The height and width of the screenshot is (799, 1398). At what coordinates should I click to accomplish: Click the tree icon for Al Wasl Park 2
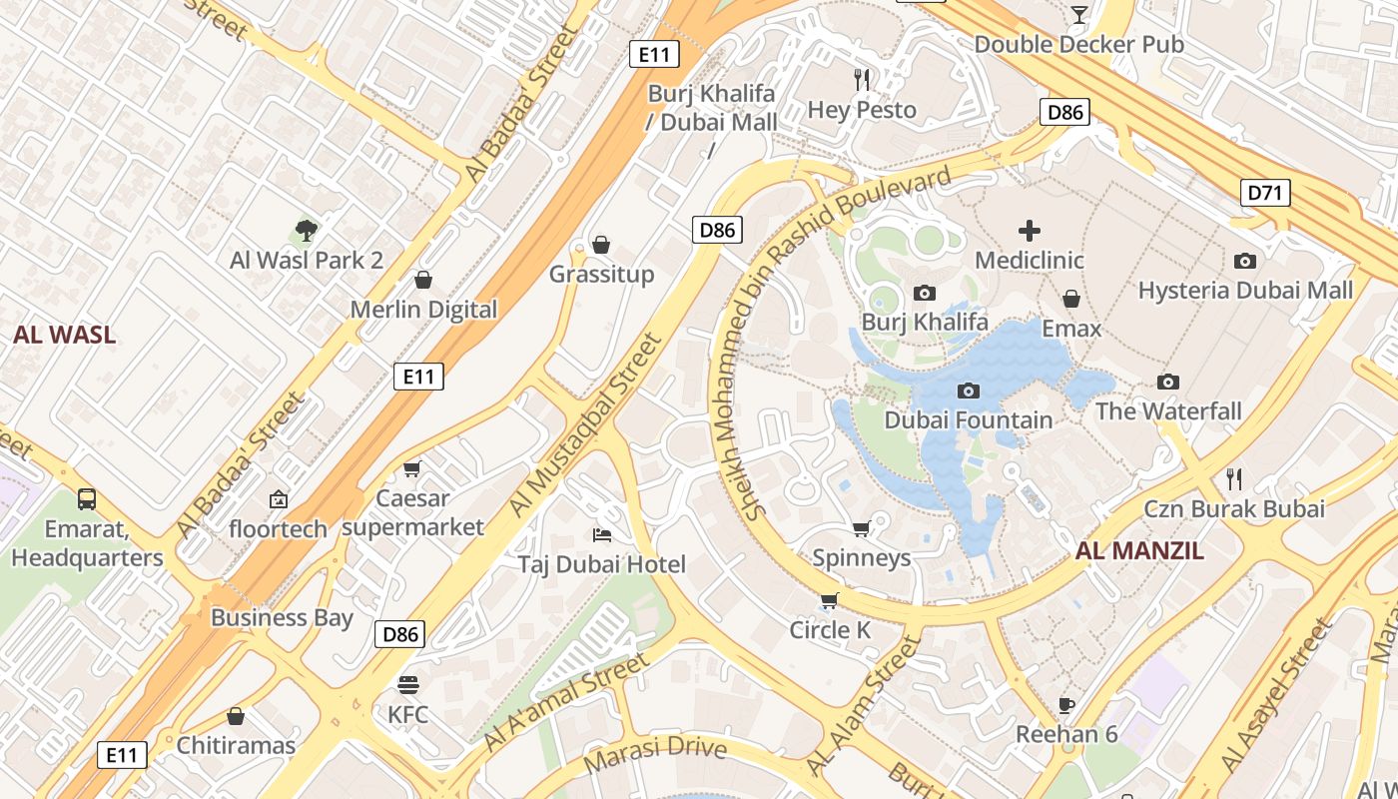[x=307, y=231]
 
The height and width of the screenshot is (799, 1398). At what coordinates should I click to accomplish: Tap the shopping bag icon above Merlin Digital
[x=423, y=279]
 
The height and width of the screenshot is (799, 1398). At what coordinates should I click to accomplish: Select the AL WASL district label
[x=64, y=335]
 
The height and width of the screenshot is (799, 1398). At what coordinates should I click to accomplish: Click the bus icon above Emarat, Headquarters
[x=87, y=498]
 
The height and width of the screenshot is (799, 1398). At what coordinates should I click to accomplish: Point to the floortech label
[x=279, y=528]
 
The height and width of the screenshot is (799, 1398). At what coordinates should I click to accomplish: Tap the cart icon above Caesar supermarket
[x=411, y=467]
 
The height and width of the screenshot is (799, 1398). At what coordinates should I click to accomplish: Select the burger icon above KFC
[x=407, y=684]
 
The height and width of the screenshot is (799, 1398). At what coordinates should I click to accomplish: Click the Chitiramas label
[x=236, y=745]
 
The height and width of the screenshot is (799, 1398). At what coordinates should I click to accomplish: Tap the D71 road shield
[x=1265, y=192]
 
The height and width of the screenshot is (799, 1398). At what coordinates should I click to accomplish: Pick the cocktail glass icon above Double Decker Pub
[x=1078, y=14]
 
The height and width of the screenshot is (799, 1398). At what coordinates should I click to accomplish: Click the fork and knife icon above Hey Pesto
[x=862, y=79]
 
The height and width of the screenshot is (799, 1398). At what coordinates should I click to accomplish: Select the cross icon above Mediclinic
[x=1029, y=231]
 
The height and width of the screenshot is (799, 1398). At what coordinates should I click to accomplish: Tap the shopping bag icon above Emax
[x=1070, y=299]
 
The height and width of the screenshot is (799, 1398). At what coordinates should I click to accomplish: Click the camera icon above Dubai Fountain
[x=968, y=391]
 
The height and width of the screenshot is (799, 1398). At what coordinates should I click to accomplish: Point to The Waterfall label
[x=1168, y=410]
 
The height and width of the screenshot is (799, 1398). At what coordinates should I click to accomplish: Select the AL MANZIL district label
[x=1139, y=550]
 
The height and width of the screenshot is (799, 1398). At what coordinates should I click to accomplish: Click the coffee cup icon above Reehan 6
[x=1066, y=704]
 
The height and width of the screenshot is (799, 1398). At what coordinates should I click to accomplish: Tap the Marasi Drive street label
[x=654, y=753]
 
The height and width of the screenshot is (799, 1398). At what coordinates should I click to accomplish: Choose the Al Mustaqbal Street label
[x=585, y=426]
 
